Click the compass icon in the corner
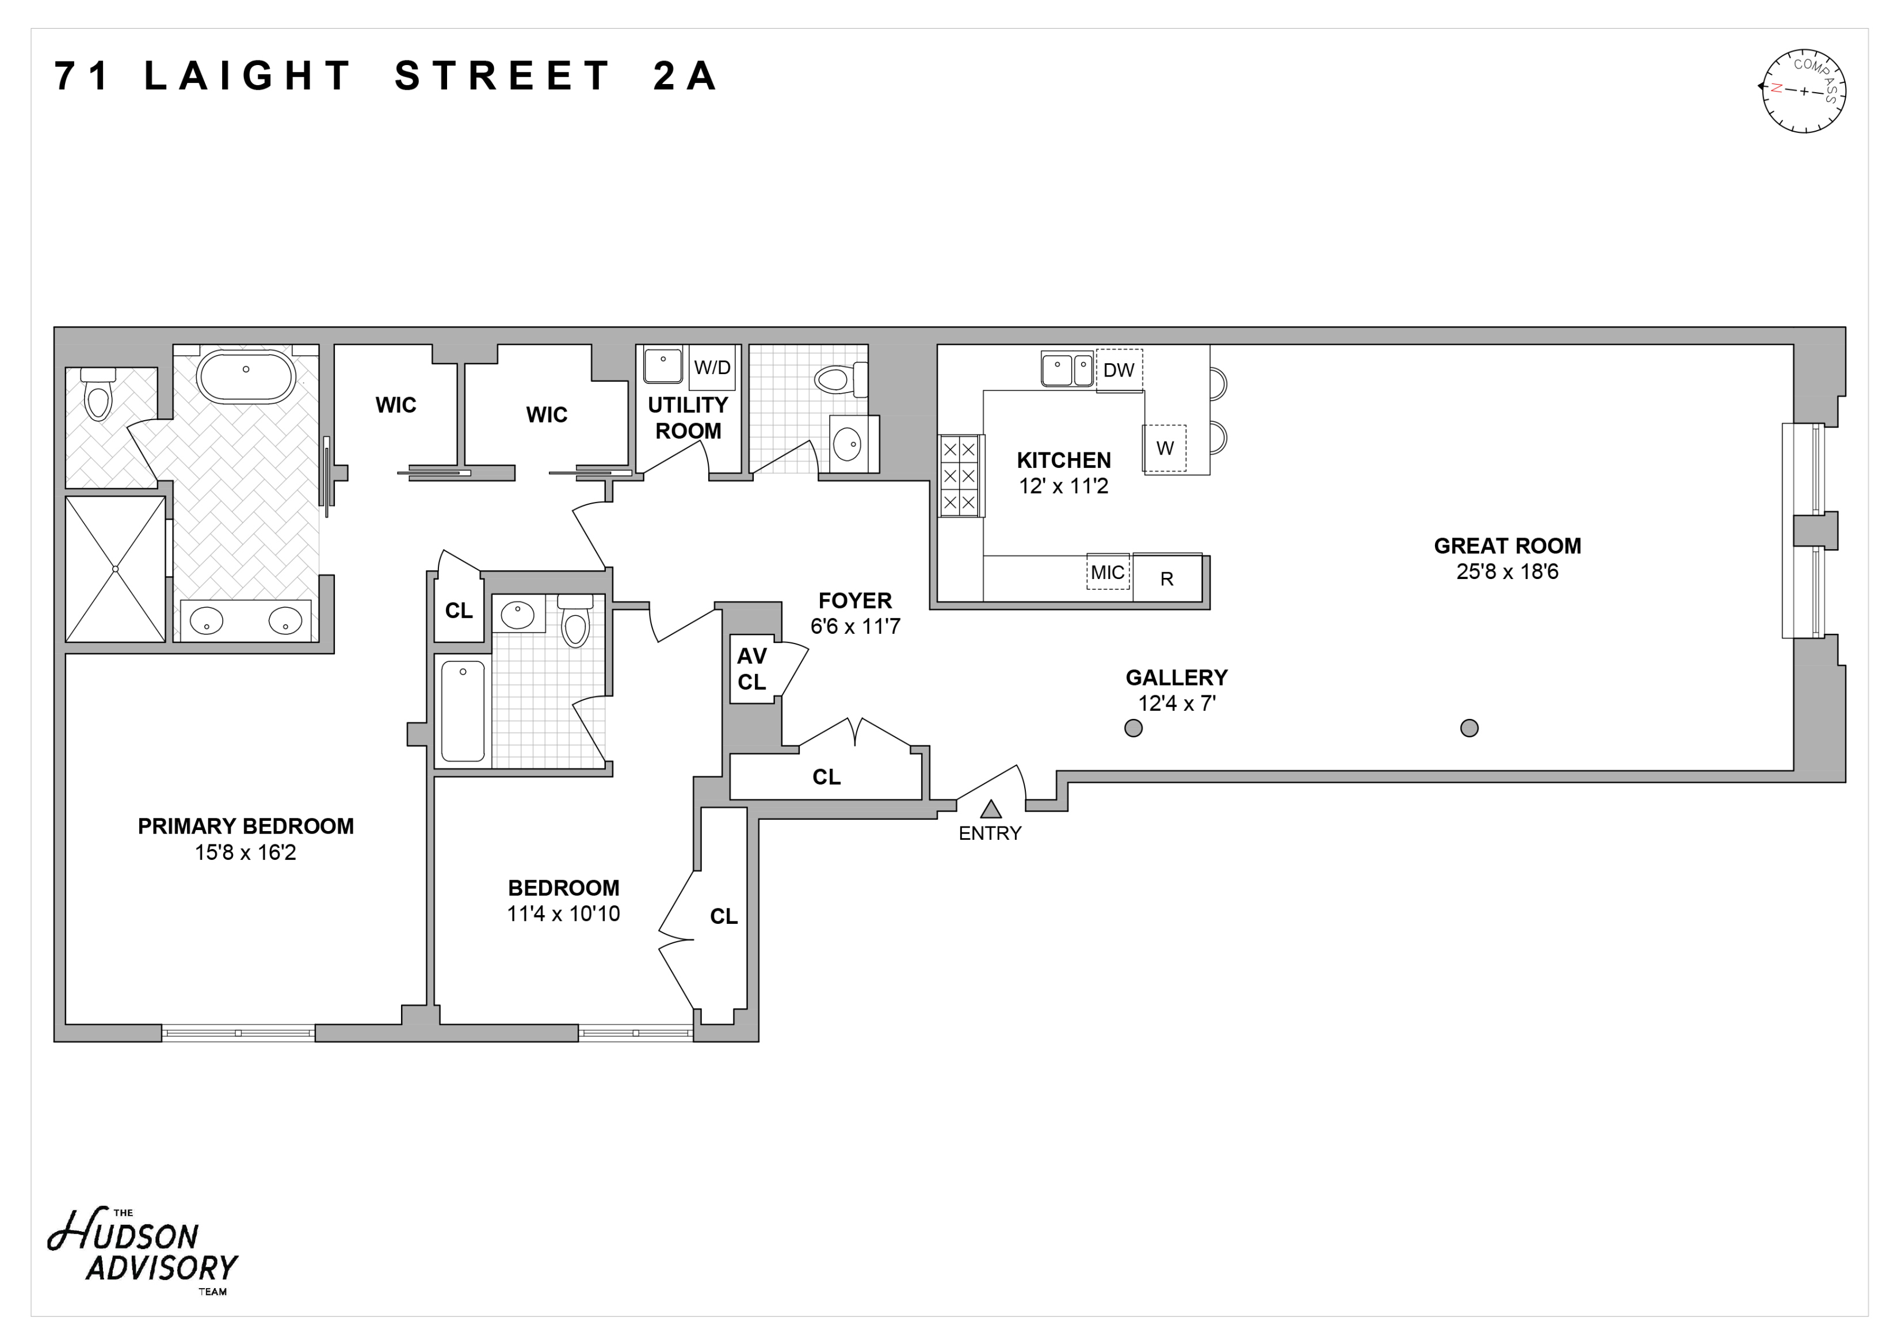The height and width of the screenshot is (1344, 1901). [x=1803, y=91]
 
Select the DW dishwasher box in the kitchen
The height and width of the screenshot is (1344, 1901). [x=1119, y=370]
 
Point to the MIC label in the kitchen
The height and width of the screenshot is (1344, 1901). [x=1107, y=572]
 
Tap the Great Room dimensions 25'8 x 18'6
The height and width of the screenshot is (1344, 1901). [x=1507, y=572]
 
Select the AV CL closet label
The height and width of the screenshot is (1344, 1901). [x=752, y=668]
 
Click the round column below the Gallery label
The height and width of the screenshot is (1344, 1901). [x=1133, y=728]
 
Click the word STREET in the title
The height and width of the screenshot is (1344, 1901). [x=502, y=76]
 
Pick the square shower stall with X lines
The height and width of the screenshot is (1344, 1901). [x=115, y=569]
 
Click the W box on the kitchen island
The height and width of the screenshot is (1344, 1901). [x=1164, y=448]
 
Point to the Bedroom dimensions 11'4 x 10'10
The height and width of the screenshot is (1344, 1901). [x=563, y=913]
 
